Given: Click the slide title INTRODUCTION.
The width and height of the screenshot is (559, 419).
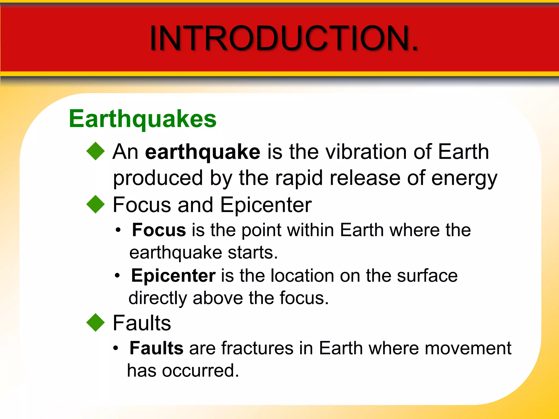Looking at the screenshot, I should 284,38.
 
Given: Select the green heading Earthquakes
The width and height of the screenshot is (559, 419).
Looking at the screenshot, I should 142,119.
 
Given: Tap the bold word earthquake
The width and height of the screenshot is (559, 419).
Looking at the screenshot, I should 203,152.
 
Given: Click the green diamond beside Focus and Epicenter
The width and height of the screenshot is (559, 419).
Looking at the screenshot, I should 96,204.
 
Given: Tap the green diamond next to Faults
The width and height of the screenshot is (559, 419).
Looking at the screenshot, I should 96,322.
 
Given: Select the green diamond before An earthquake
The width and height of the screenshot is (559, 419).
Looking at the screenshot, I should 96,151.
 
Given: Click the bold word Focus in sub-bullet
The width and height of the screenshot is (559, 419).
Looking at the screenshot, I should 159,230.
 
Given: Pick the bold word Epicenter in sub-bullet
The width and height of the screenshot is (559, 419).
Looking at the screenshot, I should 173,276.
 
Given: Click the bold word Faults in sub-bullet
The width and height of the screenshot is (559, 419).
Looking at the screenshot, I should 156,348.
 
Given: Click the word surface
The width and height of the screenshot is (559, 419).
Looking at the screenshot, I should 427,276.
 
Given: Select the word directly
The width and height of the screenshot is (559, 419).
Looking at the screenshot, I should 157,298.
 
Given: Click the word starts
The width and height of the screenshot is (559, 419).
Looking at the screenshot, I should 253,253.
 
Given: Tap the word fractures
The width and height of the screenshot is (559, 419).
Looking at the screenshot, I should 257,348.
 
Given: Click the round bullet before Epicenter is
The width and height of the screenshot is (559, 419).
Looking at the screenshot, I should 117,276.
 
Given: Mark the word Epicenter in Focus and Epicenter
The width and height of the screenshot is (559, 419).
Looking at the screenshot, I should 266,205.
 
